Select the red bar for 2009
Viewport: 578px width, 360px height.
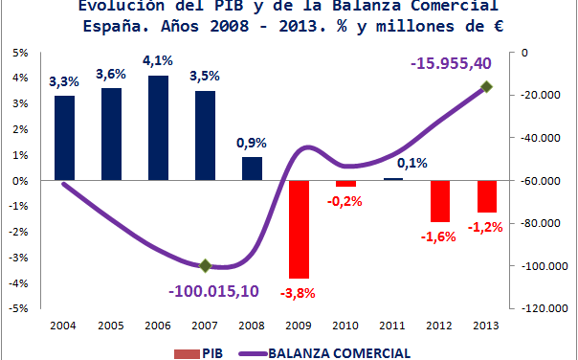(299, 229)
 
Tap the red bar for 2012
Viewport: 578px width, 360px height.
(439, 201)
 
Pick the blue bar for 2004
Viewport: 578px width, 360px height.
(64, 138)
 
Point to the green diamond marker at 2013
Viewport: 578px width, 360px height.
(486, 86)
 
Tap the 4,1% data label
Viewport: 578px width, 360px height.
(158, 60)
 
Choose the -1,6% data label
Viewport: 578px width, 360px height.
(439, 236)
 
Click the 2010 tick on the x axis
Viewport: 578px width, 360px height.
(345, 326)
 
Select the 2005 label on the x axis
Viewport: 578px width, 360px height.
(111, 326)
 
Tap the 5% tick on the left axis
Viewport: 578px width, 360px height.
(18, 52)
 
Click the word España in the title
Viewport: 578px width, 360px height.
(116, 29)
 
